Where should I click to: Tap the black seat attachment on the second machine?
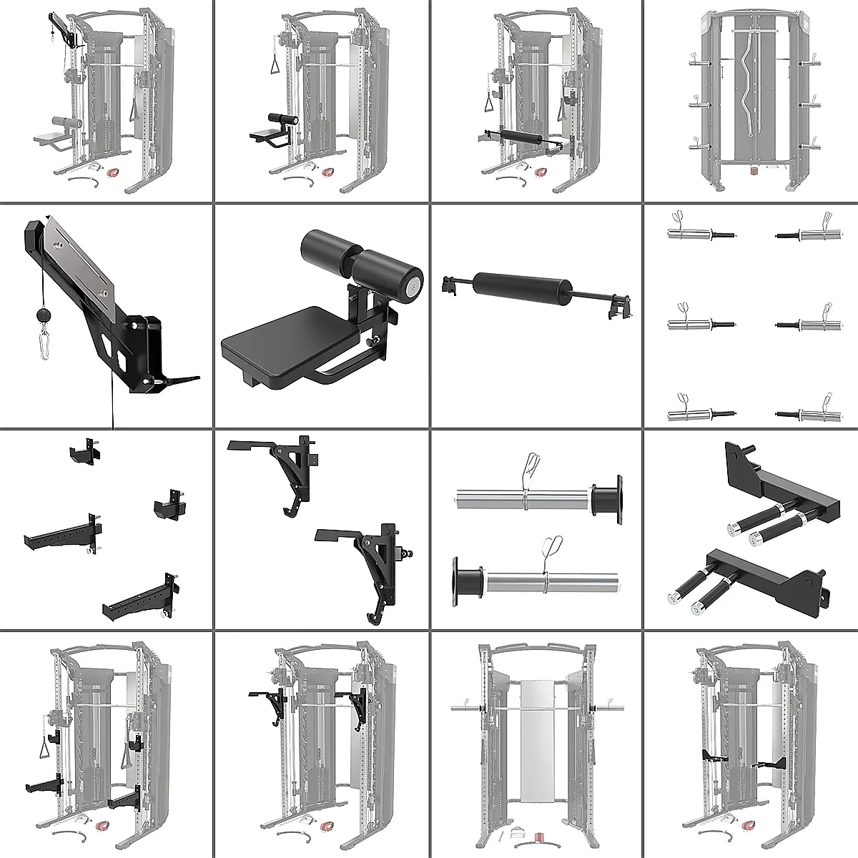pyautogui.click(x=268, y=133)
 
